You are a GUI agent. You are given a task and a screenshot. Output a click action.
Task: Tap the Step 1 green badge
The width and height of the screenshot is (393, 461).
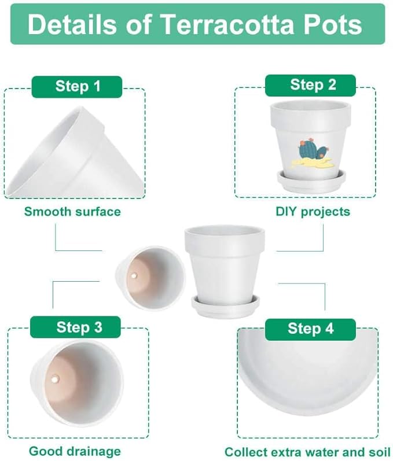click(78, 87)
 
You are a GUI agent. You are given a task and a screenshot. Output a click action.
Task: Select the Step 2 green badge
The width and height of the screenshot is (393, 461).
click(313, 85)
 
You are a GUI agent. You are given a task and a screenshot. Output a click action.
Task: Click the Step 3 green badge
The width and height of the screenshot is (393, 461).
click(79, 327)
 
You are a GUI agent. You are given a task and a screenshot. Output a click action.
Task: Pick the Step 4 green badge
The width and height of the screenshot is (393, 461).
click(310, 329)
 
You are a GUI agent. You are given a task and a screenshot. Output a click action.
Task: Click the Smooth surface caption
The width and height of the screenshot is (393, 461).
click(72, 212)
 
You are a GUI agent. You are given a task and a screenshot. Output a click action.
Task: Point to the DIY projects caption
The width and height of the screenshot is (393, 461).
click(313, 212)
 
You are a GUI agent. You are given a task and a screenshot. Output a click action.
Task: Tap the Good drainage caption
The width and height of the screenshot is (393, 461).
click(75, 451)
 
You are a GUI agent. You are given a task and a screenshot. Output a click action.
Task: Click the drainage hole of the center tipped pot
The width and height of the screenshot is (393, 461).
click(134, 277)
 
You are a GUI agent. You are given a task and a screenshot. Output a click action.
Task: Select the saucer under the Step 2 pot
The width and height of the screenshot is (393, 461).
click(311, 181)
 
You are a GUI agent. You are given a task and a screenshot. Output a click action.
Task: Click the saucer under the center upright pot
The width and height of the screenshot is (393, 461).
click(225, 307)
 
